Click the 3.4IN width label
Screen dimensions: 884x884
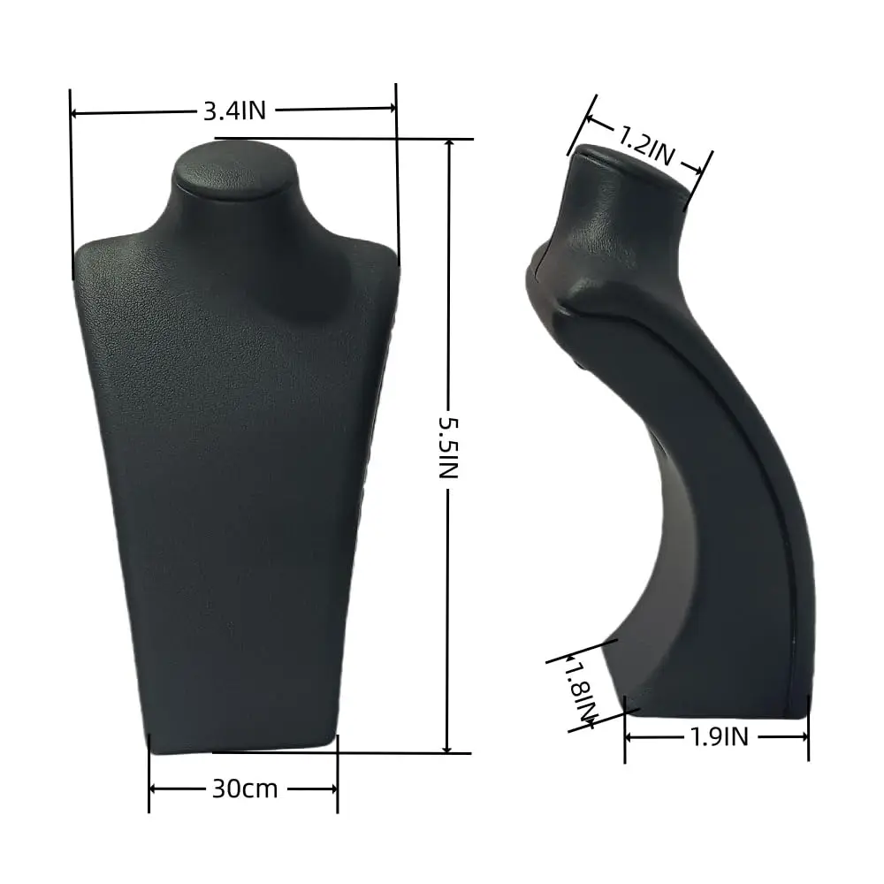234,110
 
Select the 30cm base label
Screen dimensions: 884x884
244,789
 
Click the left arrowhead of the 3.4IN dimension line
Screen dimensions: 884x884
75,113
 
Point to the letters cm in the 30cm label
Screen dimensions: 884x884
261,789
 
